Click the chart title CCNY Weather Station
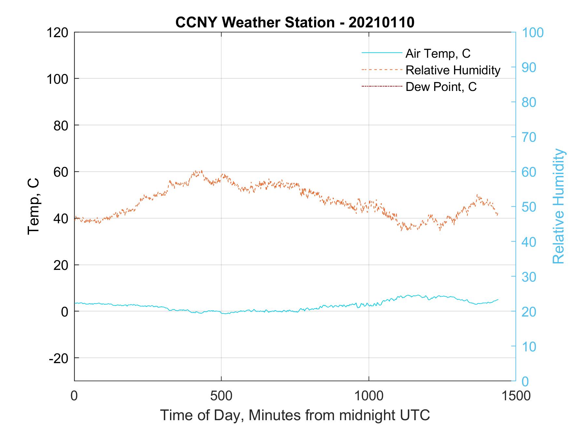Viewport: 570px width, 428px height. [x=295, y=22]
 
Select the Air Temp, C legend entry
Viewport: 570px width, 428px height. [x=438, y=53]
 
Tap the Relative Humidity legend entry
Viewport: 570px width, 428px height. [x=453, y=70]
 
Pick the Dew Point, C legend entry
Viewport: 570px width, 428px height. [x=441, y=87]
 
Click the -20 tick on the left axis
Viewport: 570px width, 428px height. [x=58, y=358]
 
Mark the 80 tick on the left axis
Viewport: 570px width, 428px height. [x=61, y=125]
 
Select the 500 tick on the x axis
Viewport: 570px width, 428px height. [x=221, y=396]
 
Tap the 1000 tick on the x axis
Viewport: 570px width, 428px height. [x=369, y=396]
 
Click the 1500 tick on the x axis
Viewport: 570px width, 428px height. [x=516, y=396]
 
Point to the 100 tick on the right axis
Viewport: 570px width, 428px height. [x=533, y=33]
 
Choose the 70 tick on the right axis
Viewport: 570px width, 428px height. [x=529, y=137]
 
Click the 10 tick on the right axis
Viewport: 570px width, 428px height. [x=529, y=347]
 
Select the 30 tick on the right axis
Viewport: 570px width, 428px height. [x=529, y=277]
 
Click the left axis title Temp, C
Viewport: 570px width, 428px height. [x=34, y=206]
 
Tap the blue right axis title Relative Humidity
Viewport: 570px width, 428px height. [x=558, y=206]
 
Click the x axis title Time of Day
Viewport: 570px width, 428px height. [x=295, y=415]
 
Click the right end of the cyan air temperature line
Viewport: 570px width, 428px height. [x=498, y=300]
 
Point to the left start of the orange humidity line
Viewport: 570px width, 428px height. [x=75, y=218]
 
